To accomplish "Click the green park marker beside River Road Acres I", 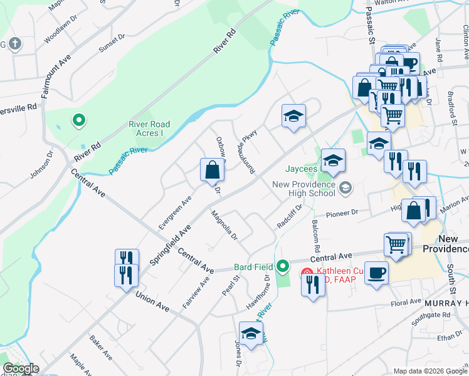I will coord(78,119).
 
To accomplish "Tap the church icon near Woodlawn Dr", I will coord(15,44).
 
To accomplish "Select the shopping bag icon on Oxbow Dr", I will coord(212,169).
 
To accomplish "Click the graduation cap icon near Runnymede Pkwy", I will coord(293,116).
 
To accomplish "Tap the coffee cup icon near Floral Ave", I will coord(376,273).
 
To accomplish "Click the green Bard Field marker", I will coord(283,267).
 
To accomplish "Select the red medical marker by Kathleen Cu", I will coord(307,274).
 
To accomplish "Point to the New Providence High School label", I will coord(304,188).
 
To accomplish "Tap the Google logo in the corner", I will coord(21,368).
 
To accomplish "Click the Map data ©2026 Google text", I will coord(429,371).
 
